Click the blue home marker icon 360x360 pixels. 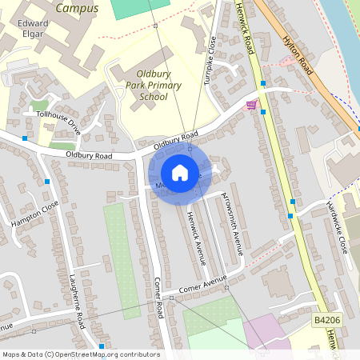pos(180,173)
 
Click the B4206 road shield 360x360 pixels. pos(324,320)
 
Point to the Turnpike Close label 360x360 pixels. pos(212,59)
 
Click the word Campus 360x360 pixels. pos(78,9)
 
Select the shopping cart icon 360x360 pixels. pos(251,104)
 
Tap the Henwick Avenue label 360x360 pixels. pos(197,237)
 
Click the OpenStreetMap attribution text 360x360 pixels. pos(80,354)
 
